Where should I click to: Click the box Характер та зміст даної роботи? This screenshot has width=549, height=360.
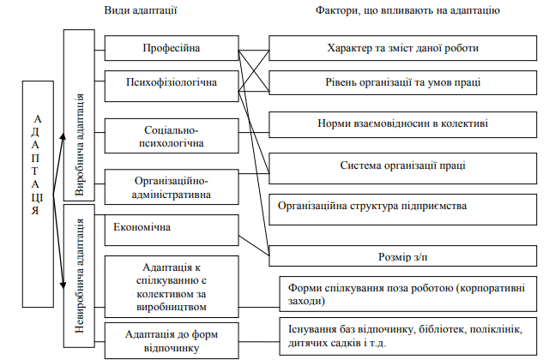(402, 48)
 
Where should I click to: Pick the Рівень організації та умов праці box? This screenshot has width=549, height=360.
(402, 83)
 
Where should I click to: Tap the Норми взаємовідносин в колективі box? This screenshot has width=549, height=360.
(402, 124)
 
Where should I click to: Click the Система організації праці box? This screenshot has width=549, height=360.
(402, 165)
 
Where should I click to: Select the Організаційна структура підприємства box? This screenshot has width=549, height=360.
(402, 207)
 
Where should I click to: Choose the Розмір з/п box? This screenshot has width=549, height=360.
(402, 255)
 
